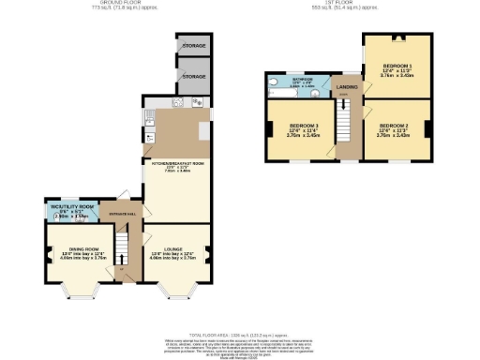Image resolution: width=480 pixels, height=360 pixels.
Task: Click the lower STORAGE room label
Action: (x=193, y=75)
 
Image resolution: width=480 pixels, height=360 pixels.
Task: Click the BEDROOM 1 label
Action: (x=396, y=67)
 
